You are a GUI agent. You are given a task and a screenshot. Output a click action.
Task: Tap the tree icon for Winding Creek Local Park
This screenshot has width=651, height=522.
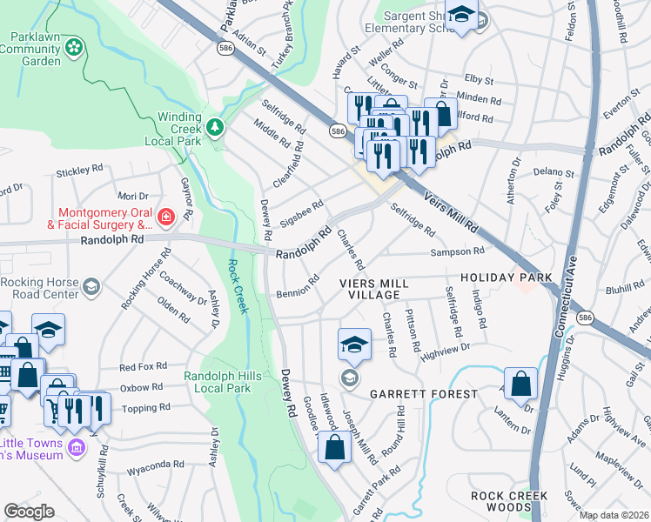(212, 127)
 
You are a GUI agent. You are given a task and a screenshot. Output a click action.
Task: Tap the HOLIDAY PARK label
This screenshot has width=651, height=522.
(506, 278)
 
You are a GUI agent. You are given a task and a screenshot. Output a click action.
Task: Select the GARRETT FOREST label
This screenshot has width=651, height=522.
(423, 394)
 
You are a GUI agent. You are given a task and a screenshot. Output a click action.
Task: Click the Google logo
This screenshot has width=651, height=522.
(29, 512)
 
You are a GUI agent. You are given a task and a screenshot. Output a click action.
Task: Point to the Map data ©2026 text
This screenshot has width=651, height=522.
(614, 515)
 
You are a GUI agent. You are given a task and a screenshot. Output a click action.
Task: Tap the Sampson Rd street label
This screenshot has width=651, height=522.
(460, 251)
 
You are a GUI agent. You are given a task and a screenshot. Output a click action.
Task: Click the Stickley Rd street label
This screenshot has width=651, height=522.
(79, 173)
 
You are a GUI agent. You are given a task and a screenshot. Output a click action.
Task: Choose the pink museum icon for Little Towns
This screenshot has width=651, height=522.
(76, 447)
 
